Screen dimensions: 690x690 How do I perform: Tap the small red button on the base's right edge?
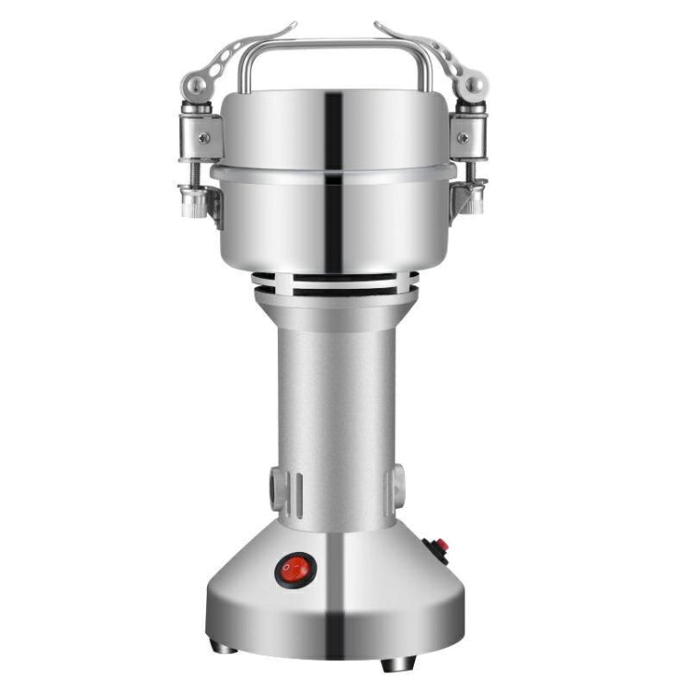[440, 547]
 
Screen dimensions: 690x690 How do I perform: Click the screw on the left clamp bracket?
[203, 138]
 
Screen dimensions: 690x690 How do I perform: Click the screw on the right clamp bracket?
[462, 138]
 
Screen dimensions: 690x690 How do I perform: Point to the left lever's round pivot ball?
[195, 86]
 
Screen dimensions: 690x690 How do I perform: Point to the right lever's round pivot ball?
[473, 86]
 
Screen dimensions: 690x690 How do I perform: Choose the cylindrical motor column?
[335, 405]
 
